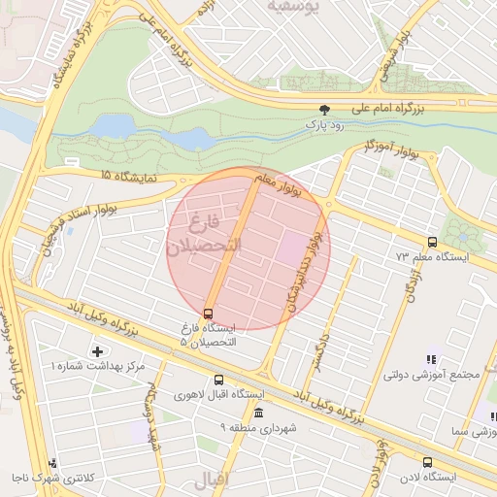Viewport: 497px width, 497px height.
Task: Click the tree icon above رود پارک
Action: coord(324,110)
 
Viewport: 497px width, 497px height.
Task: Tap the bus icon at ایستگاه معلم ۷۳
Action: coord(432,242)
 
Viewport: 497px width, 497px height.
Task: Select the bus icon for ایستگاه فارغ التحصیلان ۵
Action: coord(208,313)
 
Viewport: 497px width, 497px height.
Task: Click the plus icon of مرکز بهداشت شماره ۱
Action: coord(96,350)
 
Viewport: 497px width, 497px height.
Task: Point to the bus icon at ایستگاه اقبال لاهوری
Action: coord(218,381)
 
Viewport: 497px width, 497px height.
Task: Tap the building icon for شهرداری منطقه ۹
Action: coord(257,413)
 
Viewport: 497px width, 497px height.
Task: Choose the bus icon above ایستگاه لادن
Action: coord(427,462)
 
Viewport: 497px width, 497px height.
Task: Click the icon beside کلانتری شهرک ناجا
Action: coord(52,463)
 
